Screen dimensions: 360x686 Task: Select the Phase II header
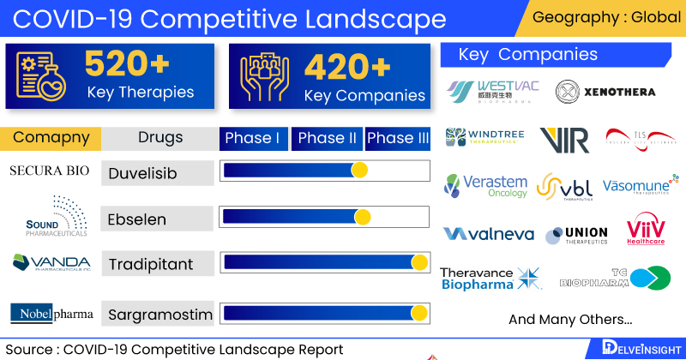327,138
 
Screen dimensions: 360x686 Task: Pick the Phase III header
398,138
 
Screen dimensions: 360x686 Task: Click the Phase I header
254,138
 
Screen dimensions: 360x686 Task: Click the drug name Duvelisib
142,174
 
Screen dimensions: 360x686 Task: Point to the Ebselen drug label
136,219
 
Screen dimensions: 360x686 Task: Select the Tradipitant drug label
150,264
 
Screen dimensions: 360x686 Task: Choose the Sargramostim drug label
159,315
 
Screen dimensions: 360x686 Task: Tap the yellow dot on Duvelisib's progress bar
359,171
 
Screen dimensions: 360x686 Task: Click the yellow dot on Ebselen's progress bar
363,217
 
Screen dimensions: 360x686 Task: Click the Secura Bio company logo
49,171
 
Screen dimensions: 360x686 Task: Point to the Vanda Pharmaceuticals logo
51,261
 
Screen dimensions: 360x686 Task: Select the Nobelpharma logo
51,314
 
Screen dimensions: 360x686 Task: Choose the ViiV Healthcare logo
645,232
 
